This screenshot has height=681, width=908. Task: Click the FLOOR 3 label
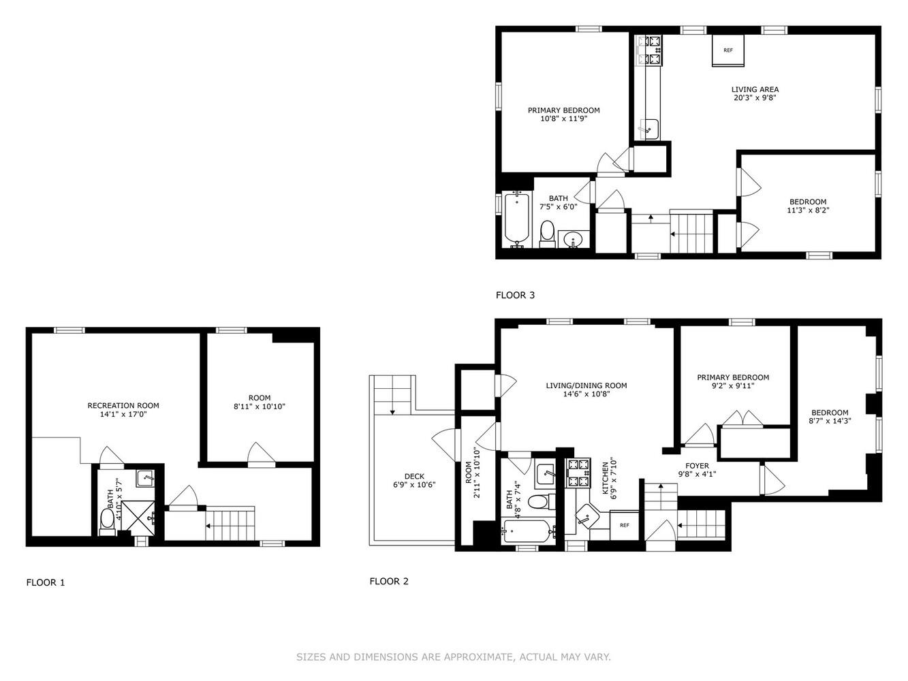coord(515,296)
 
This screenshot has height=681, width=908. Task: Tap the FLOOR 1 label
coord(46,583)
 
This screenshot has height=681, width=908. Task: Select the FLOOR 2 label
coord(389,582)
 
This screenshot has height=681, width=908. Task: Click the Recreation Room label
coord(123,406)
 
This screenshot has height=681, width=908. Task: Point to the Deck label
coord(414,477)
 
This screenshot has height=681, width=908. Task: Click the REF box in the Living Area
coord(728,51)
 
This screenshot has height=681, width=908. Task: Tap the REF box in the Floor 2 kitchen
coord(625,525)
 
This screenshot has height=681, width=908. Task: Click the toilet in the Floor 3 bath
coord(546,234)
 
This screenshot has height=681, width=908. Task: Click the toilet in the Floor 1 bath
coord(108,520)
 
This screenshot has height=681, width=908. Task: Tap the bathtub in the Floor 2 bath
coord(529,531)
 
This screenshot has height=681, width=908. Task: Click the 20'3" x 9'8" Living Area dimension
coord(755,97)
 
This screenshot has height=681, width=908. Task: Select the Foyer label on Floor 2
coord(697,466)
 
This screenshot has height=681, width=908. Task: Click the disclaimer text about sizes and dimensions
coord(453,657)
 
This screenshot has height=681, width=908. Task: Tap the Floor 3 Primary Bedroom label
coord(563,110)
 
